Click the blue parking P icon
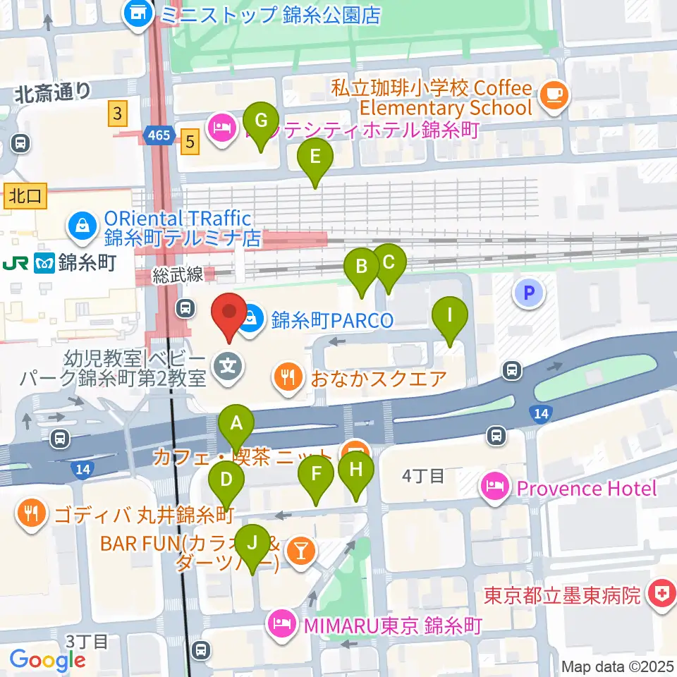click(530, 291)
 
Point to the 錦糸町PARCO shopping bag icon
click(251, 320)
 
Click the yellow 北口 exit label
click(25, 197)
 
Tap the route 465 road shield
click(160, 134)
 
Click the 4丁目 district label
click(422, 477)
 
